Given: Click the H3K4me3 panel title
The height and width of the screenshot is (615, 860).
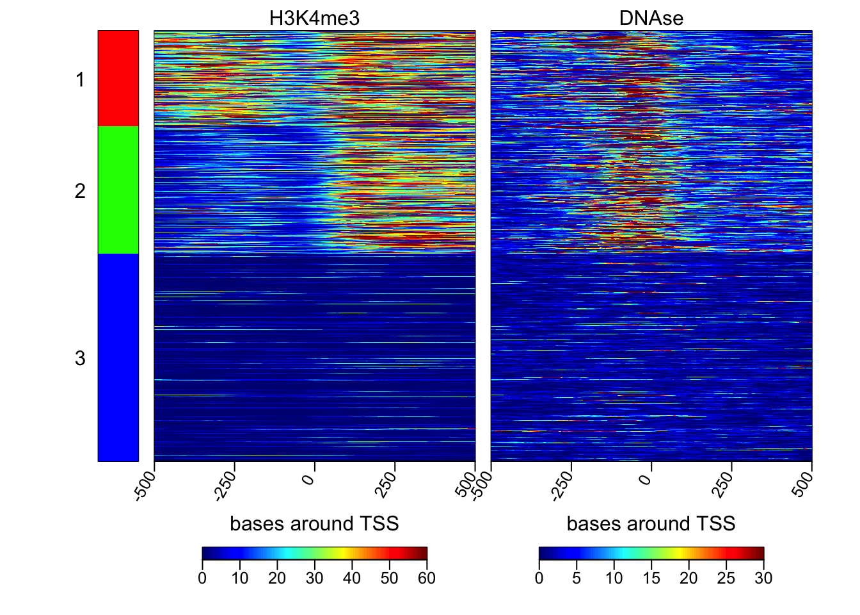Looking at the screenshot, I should tap(314, 18).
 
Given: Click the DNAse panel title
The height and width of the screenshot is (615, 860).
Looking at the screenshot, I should tap(651, 18).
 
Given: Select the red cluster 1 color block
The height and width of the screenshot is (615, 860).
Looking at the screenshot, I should tap(118, 78).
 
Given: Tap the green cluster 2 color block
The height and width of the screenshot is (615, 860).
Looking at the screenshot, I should tap(118, 190).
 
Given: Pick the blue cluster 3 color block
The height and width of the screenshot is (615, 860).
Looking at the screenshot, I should tap(118, 357).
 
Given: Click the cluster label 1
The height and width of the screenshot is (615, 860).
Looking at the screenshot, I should tap(80, 80).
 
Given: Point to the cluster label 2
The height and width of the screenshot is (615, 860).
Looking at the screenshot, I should tap(80, 191).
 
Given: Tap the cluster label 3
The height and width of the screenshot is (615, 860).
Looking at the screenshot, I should tap(80, 358).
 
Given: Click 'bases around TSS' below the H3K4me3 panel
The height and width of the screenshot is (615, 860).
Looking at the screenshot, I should tap(314, 523).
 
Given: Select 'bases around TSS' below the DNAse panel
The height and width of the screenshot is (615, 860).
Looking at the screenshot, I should tap(651, 523).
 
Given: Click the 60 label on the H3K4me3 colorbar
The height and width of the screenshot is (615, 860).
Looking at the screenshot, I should tap(427, 578).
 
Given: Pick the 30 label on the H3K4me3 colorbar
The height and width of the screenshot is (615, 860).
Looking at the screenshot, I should tap(314, 578).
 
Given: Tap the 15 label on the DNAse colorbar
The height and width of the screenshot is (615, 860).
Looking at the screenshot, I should tap(651, 578).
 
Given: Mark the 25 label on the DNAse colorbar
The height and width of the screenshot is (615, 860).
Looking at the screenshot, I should tap(726, 578).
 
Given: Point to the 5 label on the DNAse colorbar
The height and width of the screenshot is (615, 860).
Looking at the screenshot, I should tap(577, 578).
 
